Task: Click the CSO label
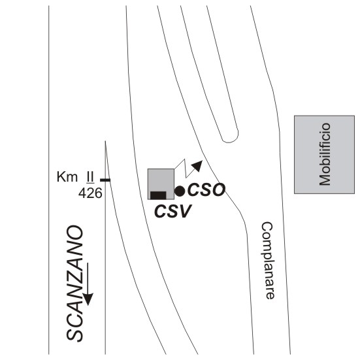point(206,190)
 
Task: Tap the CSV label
point(172,211)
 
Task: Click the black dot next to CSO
point(180,191)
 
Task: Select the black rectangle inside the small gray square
point(158,195)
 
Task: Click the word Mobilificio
point(325,154)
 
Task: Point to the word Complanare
point(267,260)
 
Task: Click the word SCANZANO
point(74,284)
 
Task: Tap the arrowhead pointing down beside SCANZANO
point(88,299)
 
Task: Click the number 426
point(90,193)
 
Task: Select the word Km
point(67,177)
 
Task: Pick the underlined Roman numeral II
point(90,178)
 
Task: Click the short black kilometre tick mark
point(105,180)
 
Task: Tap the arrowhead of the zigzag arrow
point(197,165)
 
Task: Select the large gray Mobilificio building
point(325,154)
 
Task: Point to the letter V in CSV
point(185,211)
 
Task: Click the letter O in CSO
point(218,190)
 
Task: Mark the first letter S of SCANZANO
point(74,335)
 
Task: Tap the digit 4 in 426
point(82,193)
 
